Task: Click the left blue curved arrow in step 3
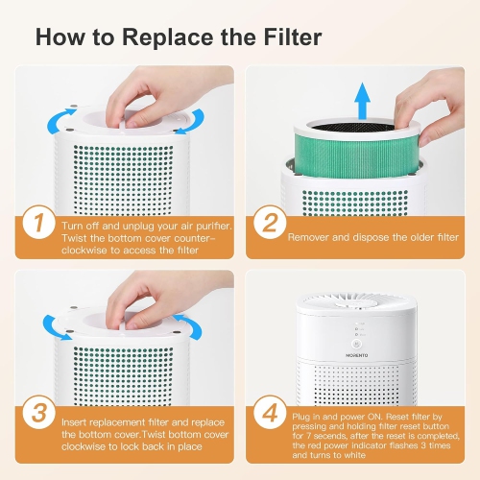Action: pyautogui.click(x=56, y=326)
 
